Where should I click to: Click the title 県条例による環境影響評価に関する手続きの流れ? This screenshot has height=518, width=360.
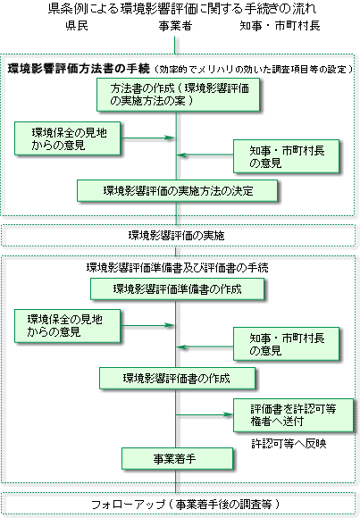coord(182,9)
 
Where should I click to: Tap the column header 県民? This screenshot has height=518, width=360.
coord(77,26)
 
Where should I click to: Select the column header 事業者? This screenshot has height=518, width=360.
coord(175,26)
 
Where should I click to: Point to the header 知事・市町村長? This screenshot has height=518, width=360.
coord(280,26)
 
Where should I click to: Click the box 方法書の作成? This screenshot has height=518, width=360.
coord(178,95)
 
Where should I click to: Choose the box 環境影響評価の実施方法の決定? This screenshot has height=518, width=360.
coord(177,190)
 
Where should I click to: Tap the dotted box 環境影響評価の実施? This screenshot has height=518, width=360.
coord(179,236)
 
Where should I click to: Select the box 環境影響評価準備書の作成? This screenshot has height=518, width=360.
coord(177,289)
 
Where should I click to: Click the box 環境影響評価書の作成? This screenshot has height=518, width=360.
coord(177,379)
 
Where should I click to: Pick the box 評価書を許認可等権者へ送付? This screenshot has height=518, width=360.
coord(294,415)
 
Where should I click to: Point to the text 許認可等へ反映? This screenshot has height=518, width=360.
coord(289,443)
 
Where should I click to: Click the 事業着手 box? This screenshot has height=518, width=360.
coord(177,458)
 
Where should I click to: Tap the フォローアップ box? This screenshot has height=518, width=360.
coord(179,504)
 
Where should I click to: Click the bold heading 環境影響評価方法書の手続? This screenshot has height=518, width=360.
coord(79,69)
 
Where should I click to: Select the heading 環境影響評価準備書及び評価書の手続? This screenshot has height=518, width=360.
coord(177,268)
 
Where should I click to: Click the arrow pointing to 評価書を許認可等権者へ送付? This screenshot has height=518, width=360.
coord(205,414)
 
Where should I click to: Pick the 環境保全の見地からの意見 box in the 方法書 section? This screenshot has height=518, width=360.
coord(67,138)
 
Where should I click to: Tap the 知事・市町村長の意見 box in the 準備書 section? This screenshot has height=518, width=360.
coord(286,344)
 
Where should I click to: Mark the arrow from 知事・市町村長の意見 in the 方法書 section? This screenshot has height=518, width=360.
coord(205,155)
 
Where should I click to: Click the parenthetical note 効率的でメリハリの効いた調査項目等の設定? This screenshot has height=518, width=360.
coord(254,69)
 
